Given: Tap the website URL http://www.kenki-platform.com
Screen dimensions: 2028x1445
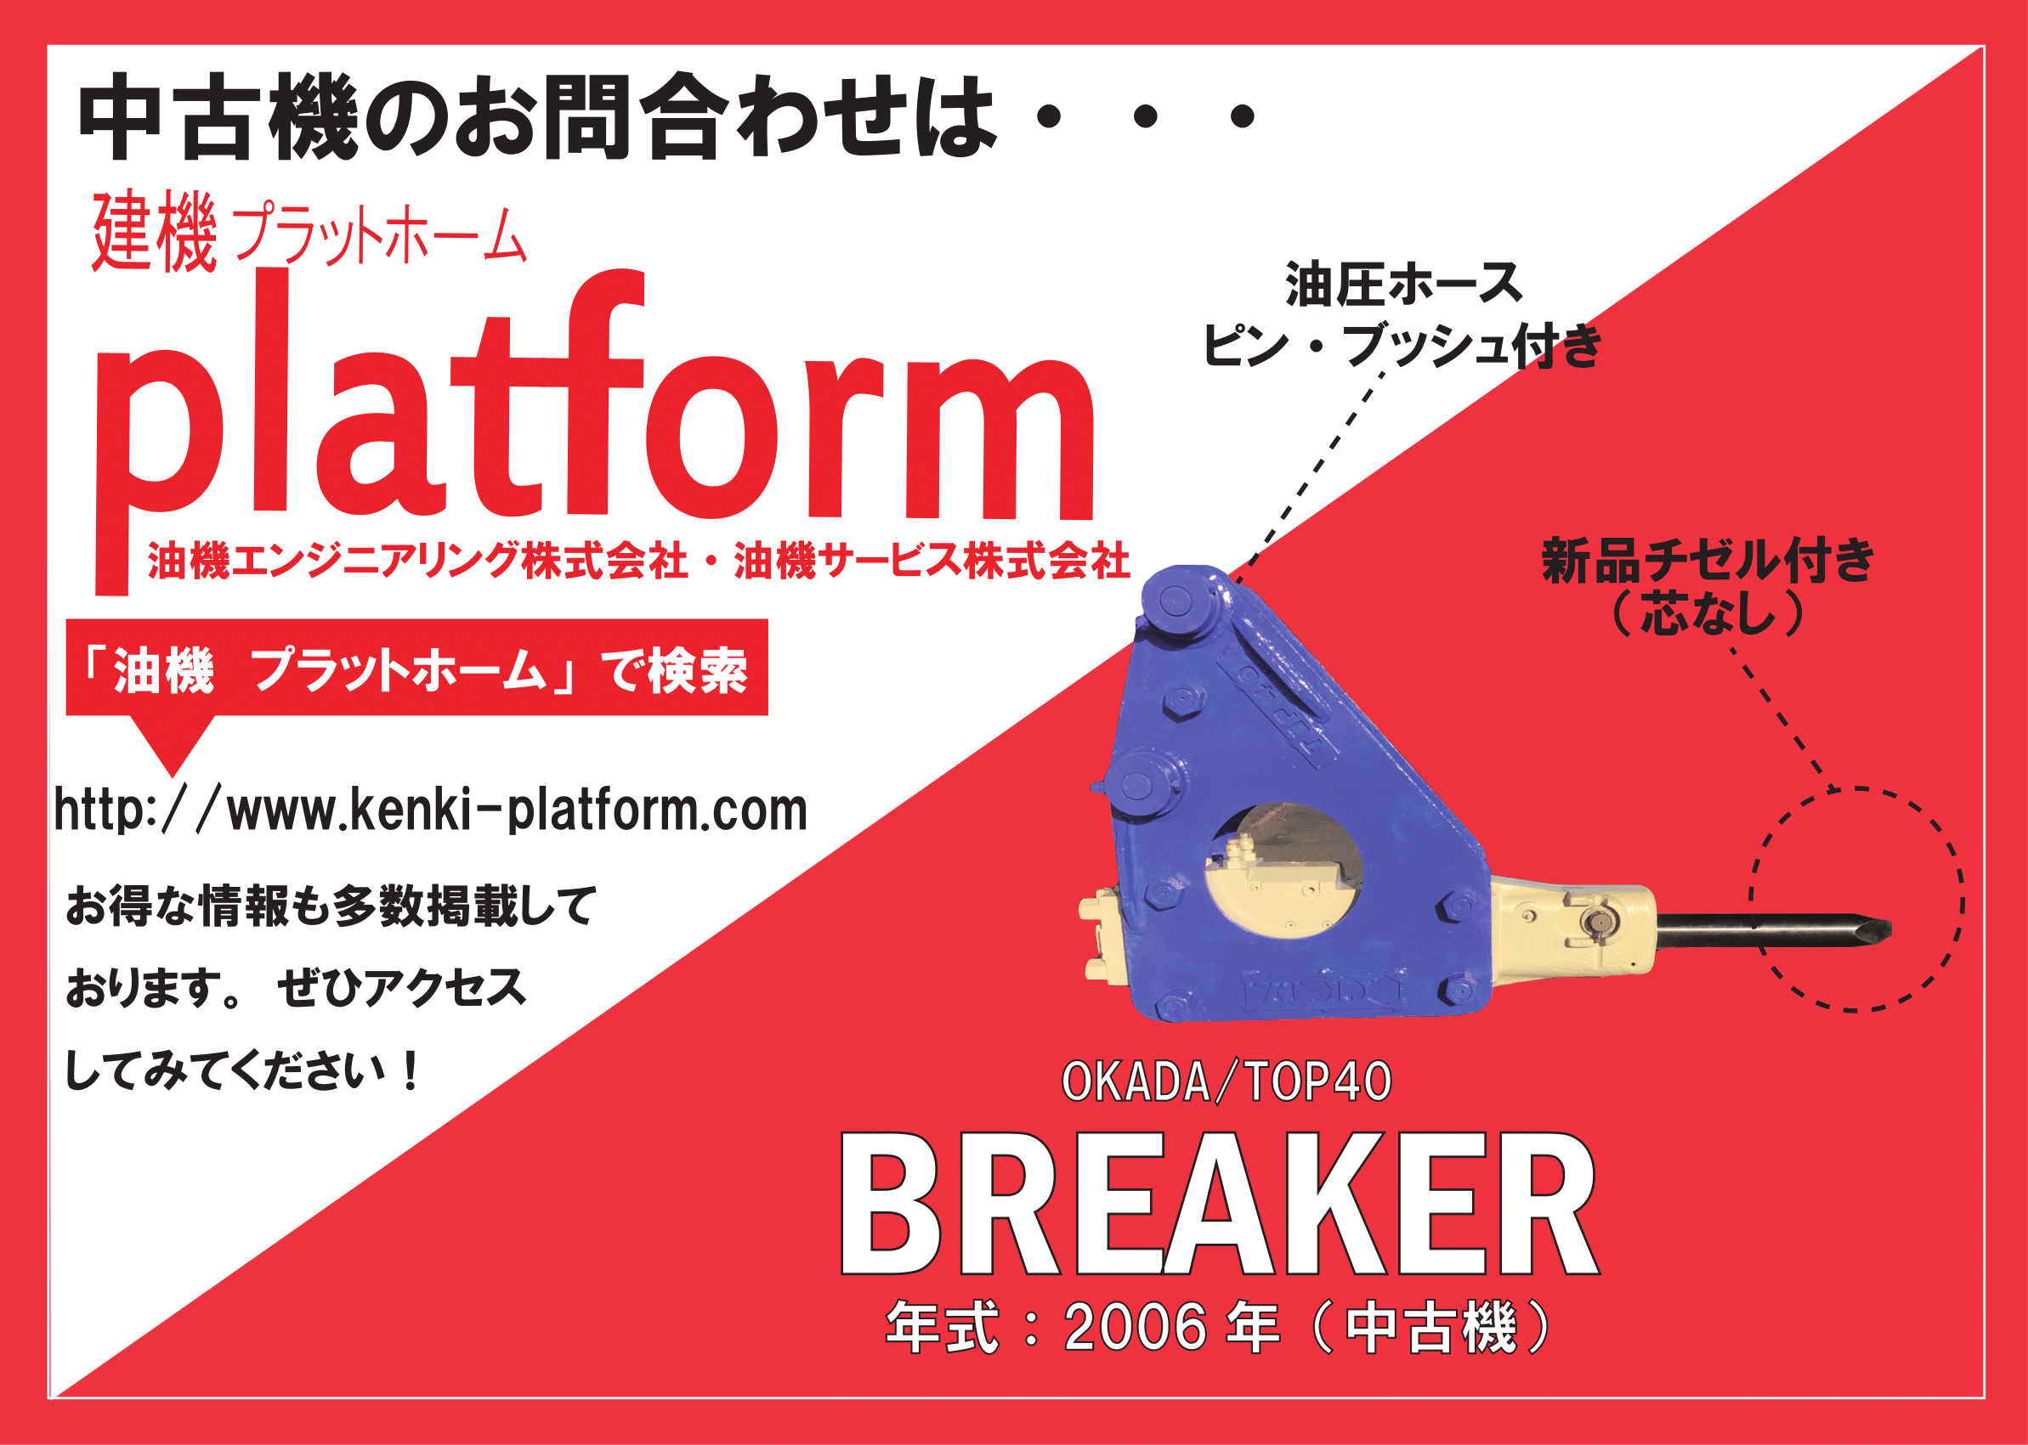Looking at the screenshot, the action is pyautogui.click(x=431, y=810).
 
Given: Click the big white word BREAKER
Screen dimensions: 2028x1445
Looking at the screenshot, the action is pyautogui.click(x=1220, y=1204).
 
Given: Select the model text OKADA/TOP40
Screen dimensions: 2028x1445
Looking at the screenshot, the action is pyautogui.click(x=1226, y=1081).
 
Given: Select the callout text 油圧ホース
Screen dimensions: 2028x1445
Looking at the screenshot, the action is pyautogui.click(x=1405, y=285).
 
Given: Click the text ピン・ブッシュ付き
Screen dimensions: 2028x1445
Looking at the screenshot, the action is pyautogui.click(x=1403, y=345).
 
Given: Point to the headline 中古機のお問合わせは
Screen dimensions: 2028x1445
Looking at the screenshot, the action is pyautogui.click(x=537, y=117).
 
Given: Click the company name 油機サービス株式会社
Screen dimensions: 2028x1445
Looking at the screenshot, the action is pyautogui.click(x=932, y=561).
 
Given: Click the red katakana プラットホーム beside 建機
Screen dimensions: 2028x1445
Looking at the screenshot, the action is pyautogui.click(x=382, y=235).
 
